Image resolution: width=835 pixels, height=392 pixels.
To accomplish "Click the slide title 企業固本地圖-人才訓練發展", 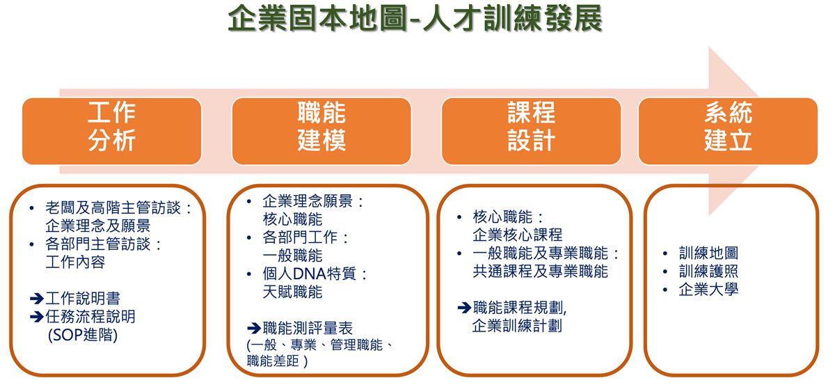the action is click(415, 19).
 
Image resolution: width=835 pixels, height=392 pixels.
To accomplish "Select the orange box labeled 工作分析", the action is click(112, 131).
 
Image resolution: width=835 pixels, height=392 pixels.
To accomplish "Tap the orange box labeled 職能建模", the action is click(321, 131).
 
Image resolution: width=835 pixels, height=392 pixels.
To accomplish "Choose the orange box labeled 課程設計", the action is click(531, 131).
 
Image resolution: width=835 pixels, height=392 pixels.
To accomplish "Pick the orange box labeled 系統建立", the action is click(728, 131).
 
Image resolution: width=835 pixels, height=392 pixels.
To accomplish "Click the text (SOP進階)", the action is click(83, 335).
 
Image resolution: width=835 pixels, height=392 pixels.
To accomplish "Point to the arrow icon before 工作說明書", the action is click(37, 299).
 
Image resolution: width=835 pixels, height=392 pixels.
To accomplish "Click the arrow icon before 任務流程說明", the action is click(37, 317).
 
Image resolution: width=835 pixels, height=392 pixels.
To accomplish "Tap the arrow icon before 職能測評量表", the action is click(254, 328).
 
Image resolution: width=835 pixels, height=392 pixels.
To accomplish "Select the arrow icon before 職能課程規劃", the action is click(465, 308).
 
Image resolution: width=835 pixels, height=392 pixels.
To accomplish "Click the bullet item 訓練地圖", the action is click(708, 253).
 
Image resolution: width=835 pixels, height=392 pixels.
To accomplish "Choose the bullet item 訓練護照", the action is click(708, 271).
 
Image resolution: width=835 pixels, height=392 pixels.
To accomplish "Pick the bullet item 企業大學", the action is click(708, 290).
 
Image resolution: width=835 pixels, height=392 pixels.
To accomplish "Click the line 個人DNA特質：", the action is click(315, 274).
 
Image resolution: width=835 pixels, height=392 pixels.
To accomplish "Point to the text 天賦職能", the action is click(293, 292).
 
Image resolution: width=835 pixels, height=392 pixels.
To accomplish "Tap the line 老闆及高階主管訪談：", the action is click(118, 207).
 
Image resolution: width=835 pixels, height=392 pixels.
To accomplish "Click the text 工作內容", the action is click(75, 262).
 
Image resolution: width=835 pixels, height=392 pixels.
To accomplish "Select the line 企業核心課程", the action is click(518, 235).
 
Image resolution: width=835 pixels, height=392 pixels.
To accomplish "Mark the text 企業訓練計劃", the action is click(517, 326).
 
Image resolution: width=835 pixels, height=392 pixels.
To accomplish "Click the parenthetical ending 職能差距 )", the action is click(278, 361).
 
